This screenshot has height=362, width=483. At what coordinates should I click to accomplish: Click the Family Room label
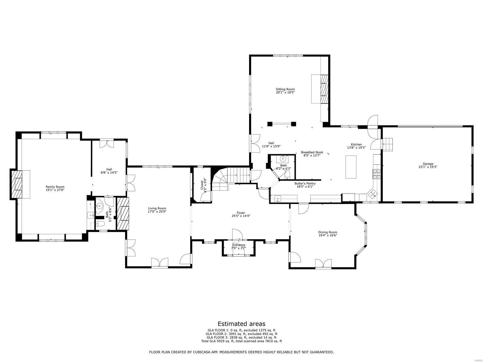point(55,187)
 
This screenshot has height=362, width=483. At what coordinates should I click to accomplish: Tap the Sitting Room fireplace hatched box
point(324,89)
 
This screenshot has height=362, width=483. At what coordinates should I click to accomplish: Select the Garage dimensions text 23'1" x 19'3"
point(428,167)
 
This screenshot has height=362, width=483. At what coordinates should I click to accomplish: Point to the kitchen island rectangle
point(351,167)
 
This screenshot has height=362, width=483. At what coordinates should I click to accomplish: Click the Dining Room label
point(328,232)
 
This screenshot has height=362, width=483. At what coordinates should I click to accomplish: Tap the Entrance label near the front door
point(238,245)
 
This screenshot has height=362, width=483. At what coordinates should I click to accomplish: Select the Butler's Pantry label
point(305,183)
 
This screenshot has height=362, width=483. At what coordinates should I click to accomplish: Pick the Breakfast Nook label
point(312,152)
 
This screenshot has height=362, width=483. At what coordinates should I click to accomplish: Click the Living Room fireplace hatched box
point(123,214)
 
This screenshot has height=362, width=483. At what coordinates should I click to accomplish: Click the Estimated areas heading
point(241,324)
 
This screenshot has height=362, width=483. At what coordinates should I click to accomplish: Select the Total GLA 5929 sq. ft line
point(241,341)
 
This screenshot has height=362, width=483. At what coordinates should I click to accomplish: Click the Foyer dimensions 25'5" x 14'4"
point(241,216)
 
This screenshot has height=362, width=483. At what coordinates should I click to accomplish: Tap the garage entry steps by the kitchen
point(389,144)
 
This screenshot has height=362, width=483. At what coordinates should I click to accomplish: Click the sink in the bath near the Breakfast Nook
point(283,158)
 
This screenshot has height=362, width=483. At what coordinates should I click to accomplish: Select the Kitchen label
point(356,144)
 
